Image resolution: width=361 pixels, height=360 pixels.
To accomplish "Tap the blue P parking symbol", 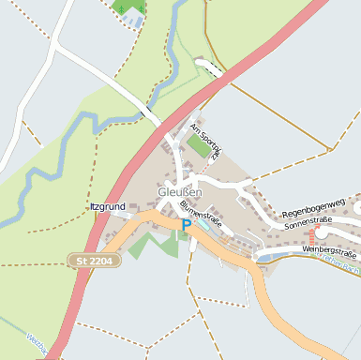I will [x=186, y=225].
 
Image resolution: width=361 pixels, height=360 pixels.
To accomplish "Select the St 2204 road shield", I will [x=95, y=260].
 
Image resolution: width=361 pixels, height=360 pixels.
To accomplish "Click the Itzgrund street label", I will [x=107, y=206].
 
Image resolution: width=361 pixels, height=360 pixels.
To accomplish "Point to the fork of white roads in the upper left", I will [x=58, y=41].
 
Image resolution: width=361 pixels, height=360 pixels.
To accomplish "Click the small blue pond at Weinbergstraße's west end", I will [x=264, y=257].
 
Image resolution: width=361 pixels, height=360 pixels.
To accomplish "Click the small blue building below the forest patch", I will [x=132, y=20].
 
